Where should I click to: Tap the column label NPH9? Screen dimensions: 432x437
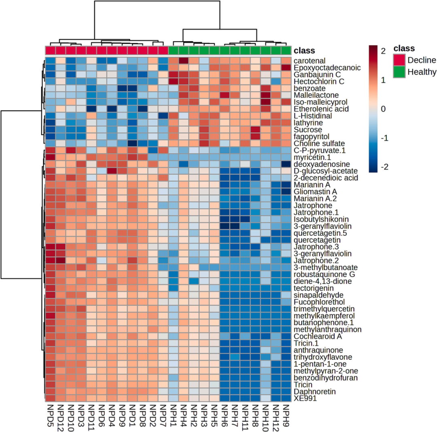[x=286, y=415]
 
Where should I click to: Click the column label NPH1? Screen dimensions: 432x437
[x=174, y=415]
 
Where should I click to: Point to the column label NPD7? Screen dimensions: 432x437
[x=163, y=415]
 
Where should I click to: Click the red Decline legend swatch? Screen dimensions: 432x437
[x=399, y=60]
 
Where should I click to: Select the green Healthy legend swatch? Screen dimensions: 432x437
[x=399, y=72]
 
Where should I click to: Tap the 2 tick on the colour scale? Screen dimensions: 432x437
[x=383, y=51]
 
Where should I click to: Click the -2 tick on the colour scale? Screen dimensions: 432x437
[x=383, y=167]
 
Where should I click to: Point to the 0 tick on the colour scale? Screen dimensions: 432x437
[x=383, y=109]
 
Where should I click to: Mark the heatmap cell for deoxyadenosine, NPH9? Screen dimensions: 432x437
[x=286, y=164]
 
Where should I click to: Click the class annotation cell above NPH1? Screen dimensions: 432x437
[x=174, y=51]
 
